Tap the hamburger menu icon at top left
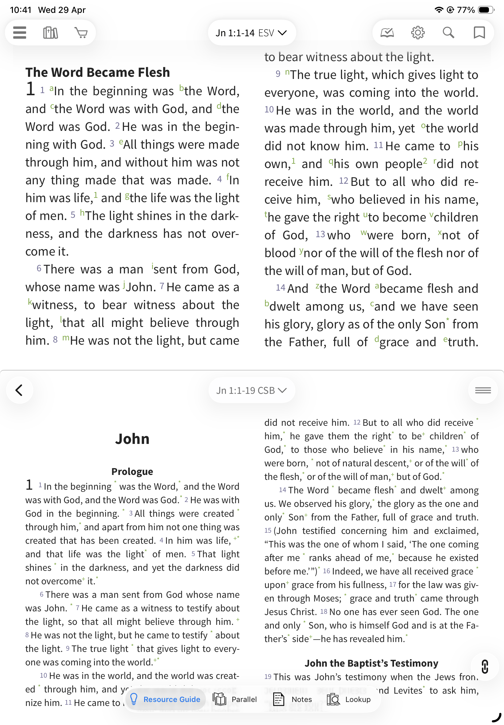20,33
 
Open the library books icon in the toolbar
50,33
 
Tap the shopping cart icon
81,33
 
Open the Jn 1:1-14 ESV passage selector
251,33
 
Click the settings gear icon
417,33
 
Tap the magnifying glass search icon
448,33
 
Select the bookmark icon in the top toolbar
479,33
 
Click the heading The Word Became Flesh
98,72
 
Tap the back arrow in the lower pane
19,390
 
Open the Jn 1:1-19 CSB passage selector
251,390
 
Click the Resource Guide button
165,699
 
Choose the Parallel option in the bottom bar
235,699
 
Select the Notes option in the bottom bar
293,699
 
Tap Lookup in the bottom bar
348,699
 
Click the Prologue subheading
132,471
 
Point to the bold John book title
132,439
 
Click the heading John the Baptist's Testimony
371,663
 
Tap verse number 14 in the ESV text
280,288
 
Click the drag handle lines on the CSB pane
482,390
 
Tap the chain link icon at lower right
485,667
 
